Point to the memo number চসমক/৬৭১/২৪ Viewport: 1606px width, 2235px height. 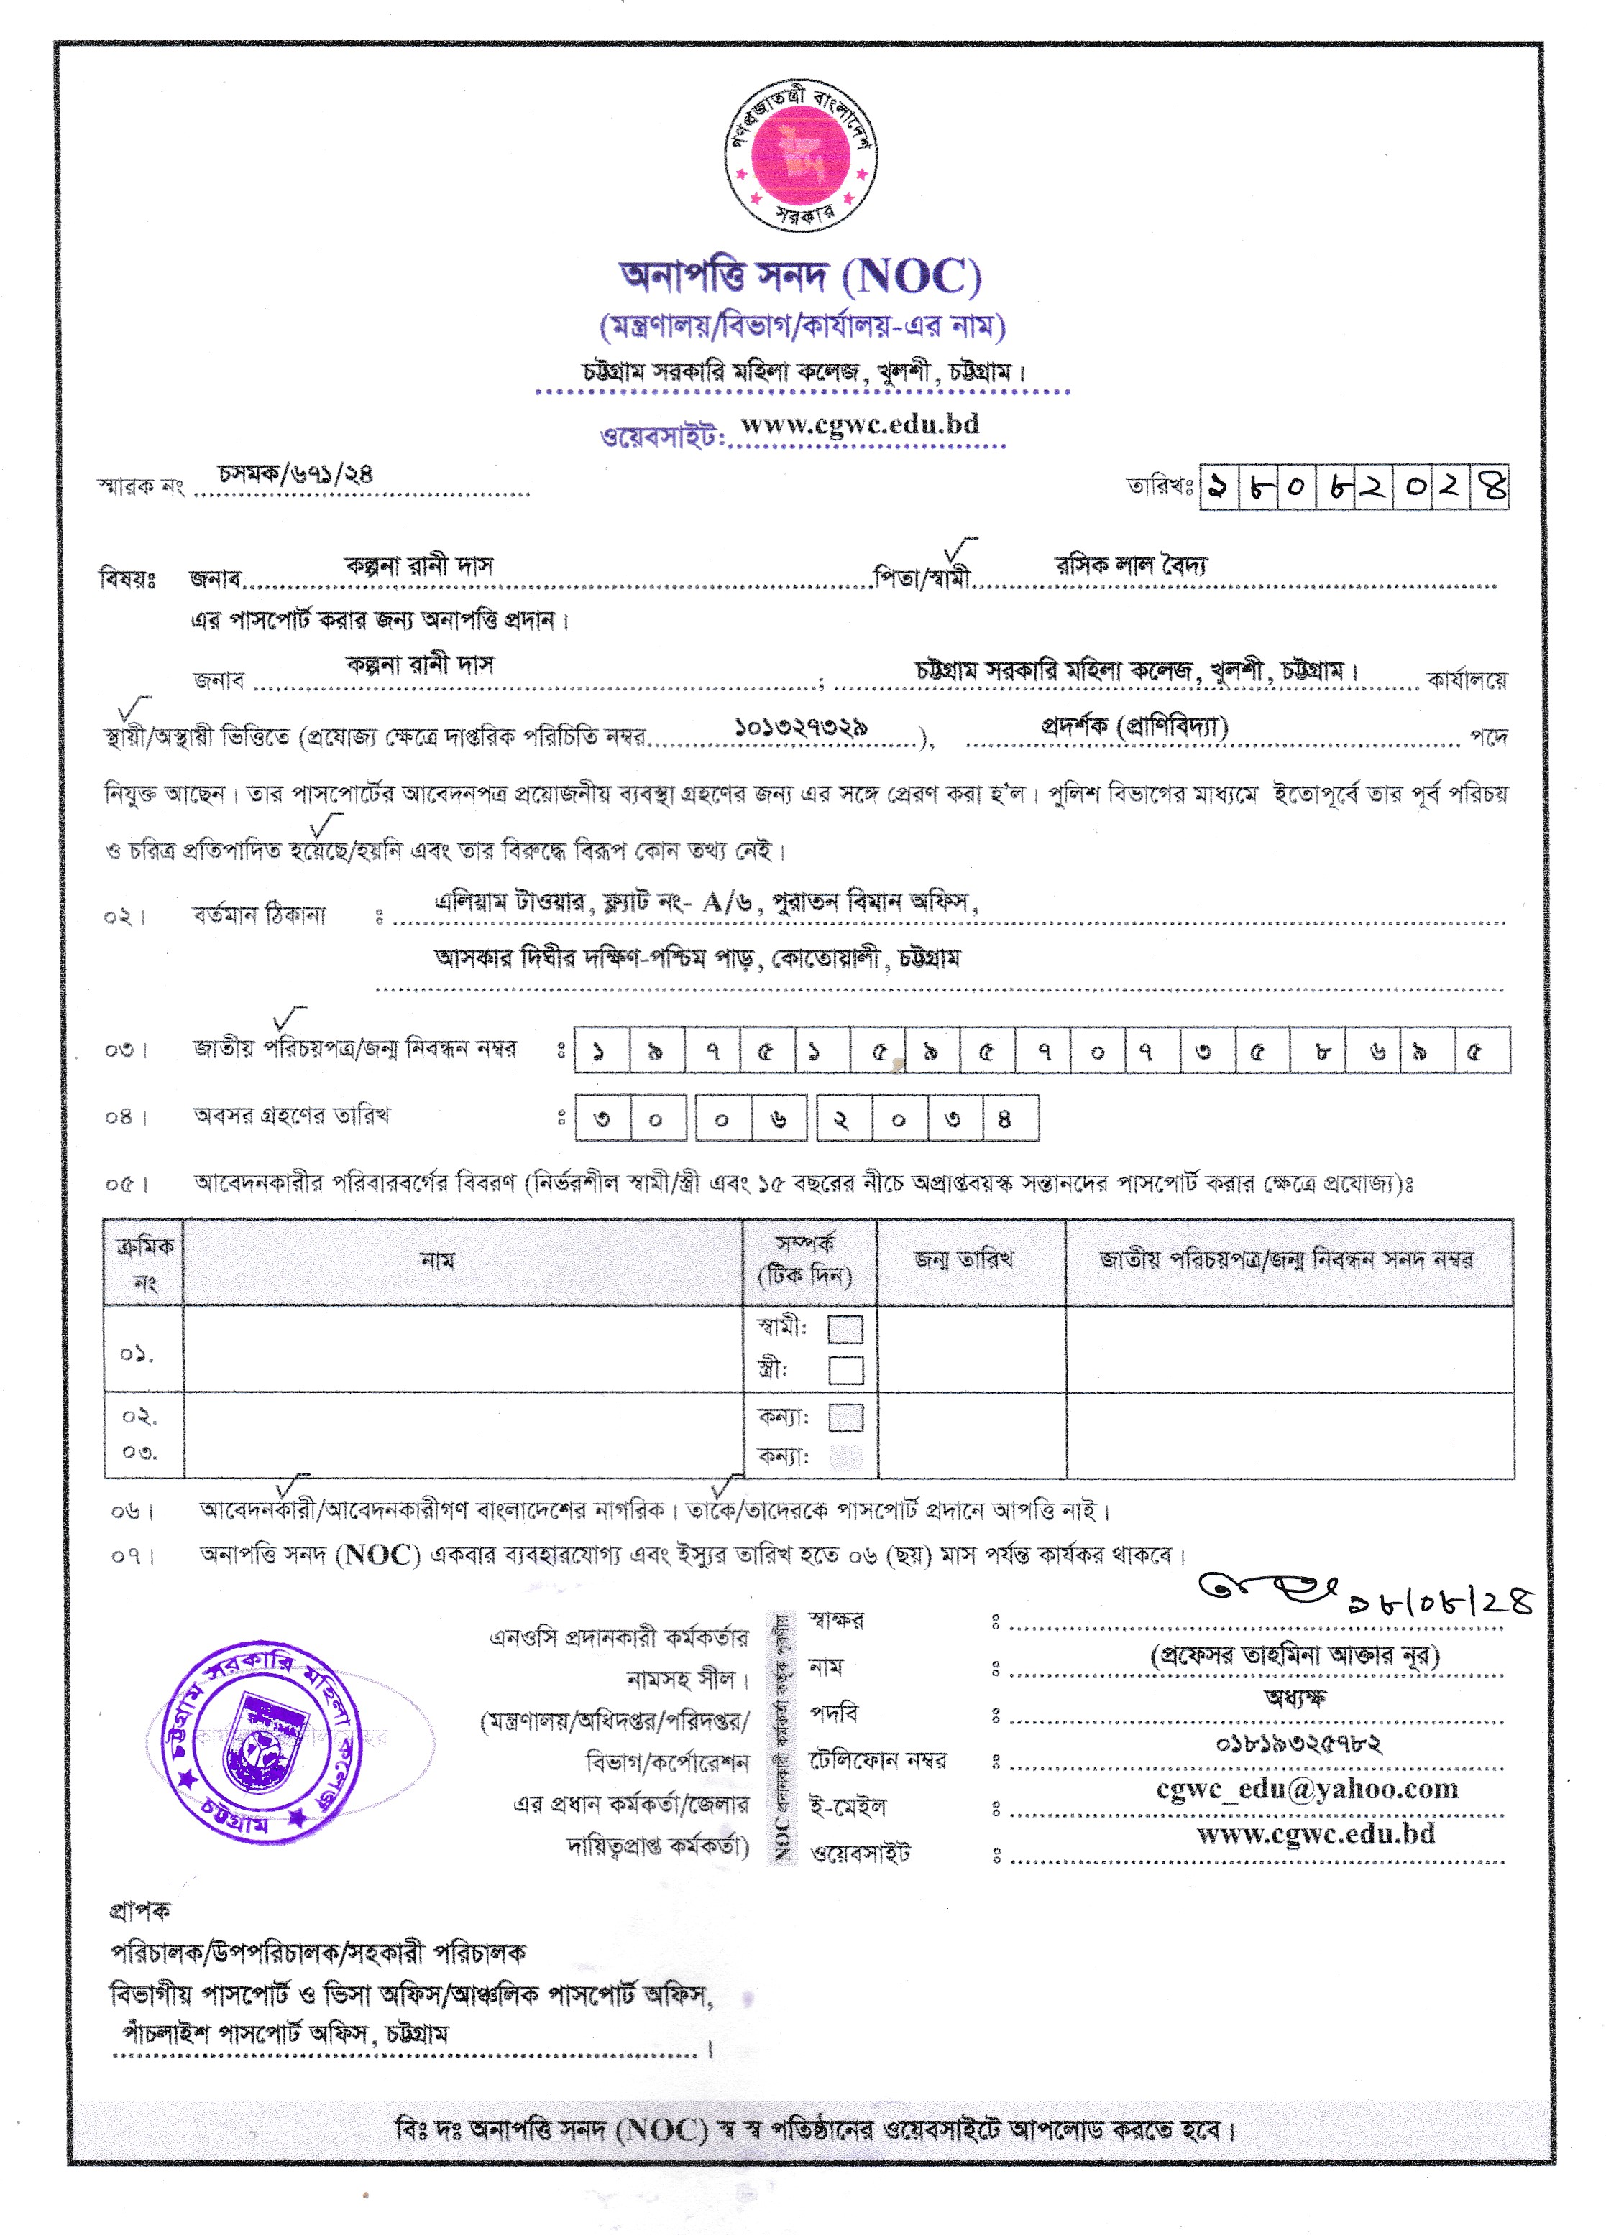pyautogui.click(x=295, y=474)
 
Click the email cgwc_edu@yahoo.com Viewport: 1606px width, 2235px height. pyautogui.click(x=1306, y=1789)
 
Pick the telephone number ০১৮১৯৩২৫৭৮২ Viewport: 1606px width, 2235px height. pyautogui.click(x=1298, y=1744)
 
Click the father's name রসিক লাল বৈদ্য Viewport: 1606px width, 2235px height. pyautogui.click(x=1131, y=565)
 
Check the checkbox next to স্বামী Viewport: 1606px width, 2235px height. pyautogui.click(x=845, y=1329)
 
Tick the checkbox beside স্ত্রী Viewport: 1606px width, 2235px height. pyautogui.click(x=845, y=1371)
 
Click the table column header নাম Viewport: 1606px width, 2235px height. pyautogui.click(x=437, y=1260)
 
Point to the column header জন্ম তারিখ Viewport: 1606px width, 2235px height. pyautogui.click(x=963, y=1259)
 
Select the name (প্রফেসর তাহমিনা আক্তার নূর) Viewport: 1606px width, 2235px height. pyautogui.click(x=1295, y=1655)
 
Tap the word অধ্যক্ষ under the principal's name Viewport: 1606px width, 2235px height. pyautogui.click(x=1295, y=1698)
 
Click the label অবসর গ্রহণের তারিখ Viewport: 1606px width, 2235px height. pyautogui.click(x=292, y=1116)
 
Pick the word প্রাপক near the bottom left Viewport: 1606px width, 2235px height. pyautogui.click(x=139, y=1912)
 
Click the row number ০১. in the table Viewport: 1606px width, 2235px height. pyautogui.click(x=137, y=1355)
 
